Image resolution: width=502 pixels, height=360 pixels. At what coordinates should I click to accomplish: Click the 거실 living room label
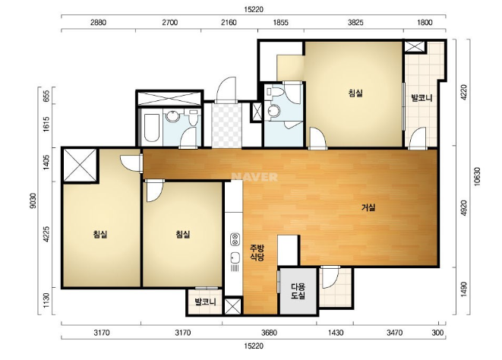coord(368,207)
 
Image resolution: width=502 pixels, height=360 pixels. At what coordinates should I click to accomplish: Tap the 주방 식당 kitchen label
coord(257,252)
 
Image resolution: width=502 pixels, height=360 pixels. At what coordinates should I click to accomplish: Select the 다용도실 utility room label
coord(298,291)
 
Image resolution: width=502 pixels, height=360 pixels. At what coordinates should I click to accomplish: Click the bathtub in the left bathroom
coord(151,128)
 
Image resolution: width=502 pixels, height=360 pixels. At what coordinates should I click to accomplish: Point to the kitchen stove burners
coord(235,239)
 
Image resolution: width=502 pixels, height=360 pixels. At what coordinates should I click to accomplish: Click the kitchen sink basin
coord(235,257)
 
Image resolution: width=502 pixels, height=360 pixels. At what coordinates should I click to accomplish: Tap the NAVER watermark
coord(254,177)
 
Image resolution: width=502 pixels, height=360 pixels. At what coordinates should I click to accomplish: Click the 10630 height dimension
coord(478,176)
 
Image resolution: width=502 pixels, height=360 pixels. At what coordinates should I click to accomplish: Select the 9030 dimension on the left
coord(33,201)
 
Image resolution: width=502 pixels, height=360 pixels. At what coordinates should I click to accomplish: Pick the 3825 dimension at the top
coord(356,23)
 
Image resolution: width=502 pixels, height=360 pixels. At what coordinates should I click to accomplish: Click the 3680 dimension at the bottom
coord(269,333)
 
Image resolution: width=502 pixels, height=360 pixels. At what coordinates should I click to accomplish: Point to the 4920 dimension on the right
coord(464,208)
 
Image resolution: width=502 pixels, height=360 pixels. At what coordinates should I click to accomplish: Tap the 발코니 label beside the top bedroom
coord(422,98)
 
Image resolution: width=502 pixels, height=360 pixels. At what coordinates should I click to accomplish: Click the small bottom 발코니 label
coord(206,302)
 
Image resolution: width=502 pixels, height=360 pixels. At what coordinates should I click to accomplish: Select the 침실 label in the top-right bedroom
coord(355,93)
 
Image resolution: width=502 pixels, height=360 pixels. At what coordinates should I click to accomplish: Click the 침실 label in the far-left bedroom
coord(100,234)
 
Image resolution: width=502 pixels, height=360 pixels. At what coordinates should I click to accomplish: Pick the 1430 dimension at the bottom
coord(336,333)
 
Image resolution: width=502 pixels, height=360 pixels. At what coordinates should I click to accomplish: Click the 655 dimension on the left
coord(46,95)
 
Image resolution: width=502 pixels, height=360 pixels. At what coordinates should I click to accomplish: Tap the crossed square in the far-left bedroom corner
coord(80,166)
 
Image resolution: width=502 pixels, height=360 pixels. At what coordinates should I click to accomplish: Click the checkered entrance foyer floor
coord(226,125)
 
